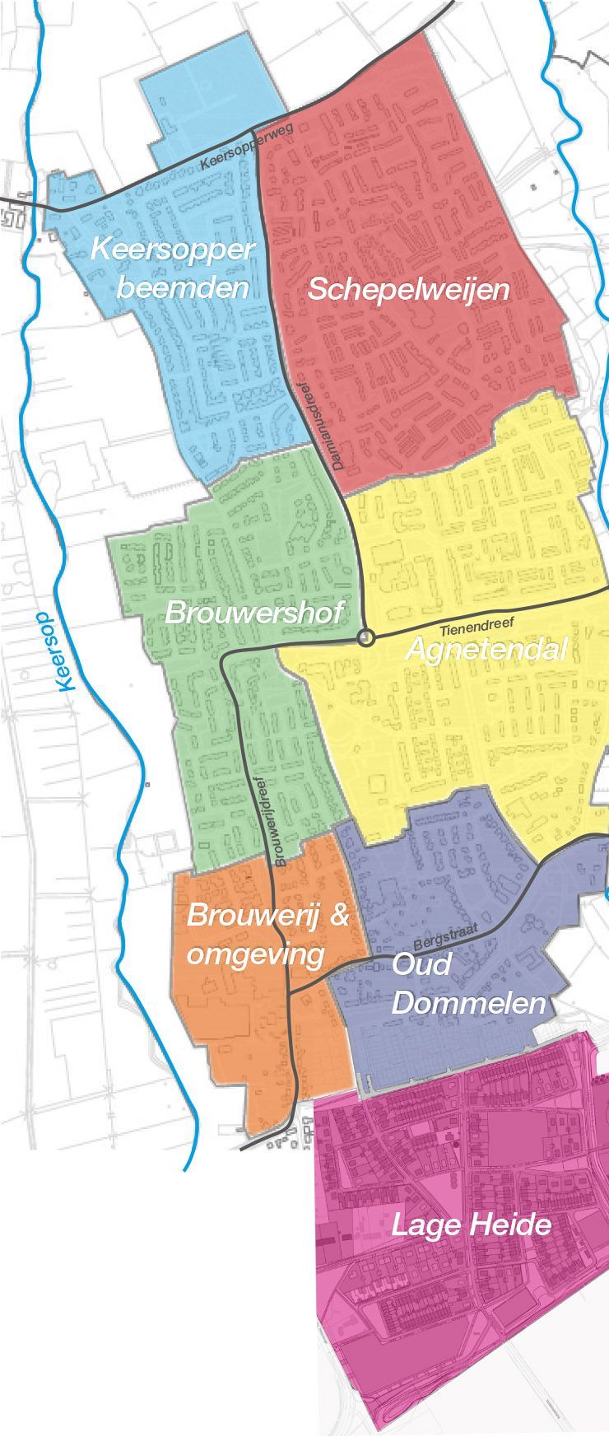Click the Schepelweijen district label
[408, 290]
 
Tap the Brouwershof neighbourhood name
[254, 614]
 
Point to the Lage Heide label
[471, 1225]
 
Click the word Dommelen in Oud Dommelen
[468, 1004]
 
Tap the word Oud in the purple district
[421, 963]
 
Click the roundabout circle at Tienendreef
[366, 637]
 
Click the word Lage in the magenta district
[424, 1225]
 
